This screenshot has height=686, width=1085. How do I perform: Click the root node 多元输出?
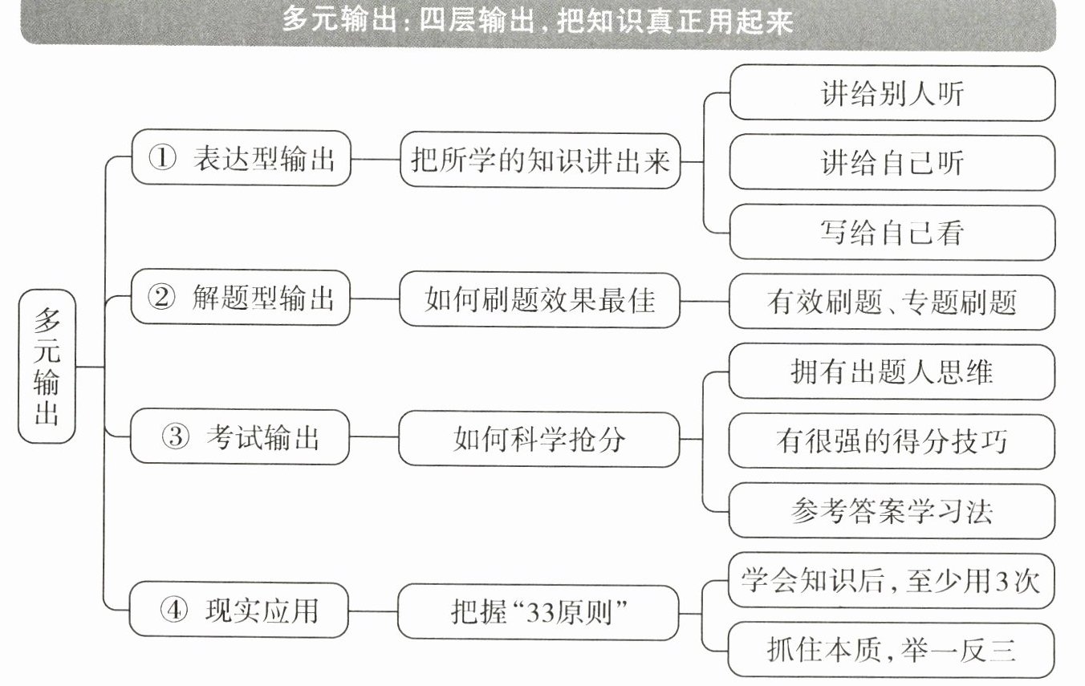[x=47, y=366]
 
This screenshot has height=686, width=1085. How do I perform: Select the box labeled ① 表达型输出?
[x=241, y=159]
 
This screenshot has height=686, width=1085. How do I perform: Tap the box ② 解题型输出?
[x=241, y=298]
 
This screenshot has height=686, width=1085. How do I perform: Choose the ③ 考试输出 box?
[x=241, y=437]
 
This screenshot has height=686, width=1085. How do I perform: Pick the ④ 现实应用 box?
[x=241, y=610]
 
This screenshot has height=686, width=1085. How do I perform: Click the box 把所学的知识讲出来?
[x=539, y=160]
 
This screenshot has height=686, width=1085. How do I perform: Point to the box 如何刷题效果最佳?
[x=539, y=299]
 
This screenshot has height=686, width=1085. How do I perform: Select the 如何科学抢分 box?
[x=539, y=438]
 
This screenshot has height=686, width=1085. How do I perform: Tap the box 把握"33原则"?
[x=539, y=611]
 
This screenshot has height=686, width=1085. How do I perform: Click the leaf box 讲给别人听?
[x=891, y=93]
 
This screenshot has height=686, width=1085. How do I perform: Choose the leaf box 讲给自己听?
[x=891, y=163]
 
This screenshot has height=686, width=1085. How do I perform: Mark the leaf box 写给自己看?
[x=891, y=232]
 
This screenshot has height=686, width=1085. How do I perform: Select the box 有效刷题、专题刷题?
[x=891, y=301]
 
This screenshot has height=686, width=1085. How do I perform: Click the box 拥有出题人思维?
[x=891, y=371]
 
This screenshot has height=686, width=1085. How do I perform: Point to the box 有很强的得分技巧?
[x=891, y=440]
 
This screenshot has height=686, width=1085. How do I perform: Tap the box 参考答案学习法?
[x=891, y=510]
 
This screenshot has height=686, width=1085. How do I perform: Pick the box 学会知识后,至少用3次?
[x=891, y=579]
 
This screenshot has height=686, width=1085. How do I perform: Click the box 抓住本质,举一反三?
[x=891, y=648]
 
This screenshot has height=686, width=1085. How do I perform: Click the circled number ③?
[x=162, y=438]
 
